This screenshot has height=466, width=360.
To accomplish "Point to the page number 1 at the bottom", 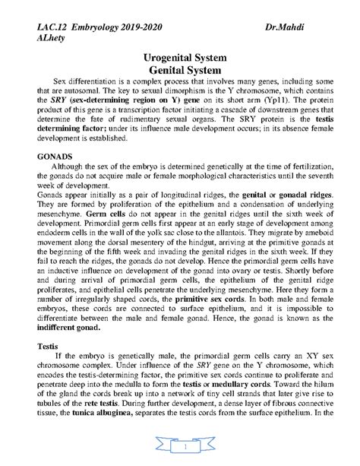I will (180, 449).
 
